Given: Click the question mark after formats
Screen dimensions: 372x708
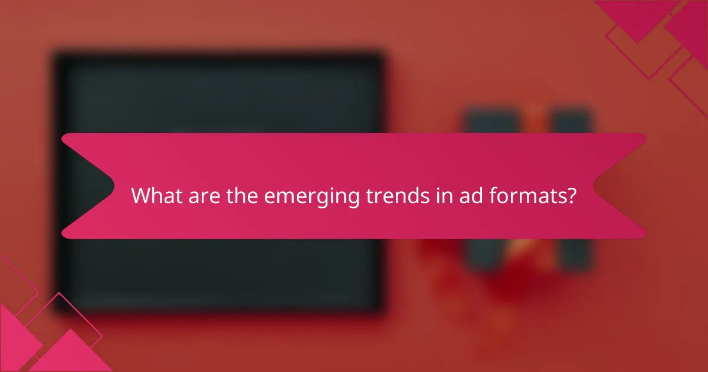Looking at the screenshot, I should [x=571, y=195].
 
